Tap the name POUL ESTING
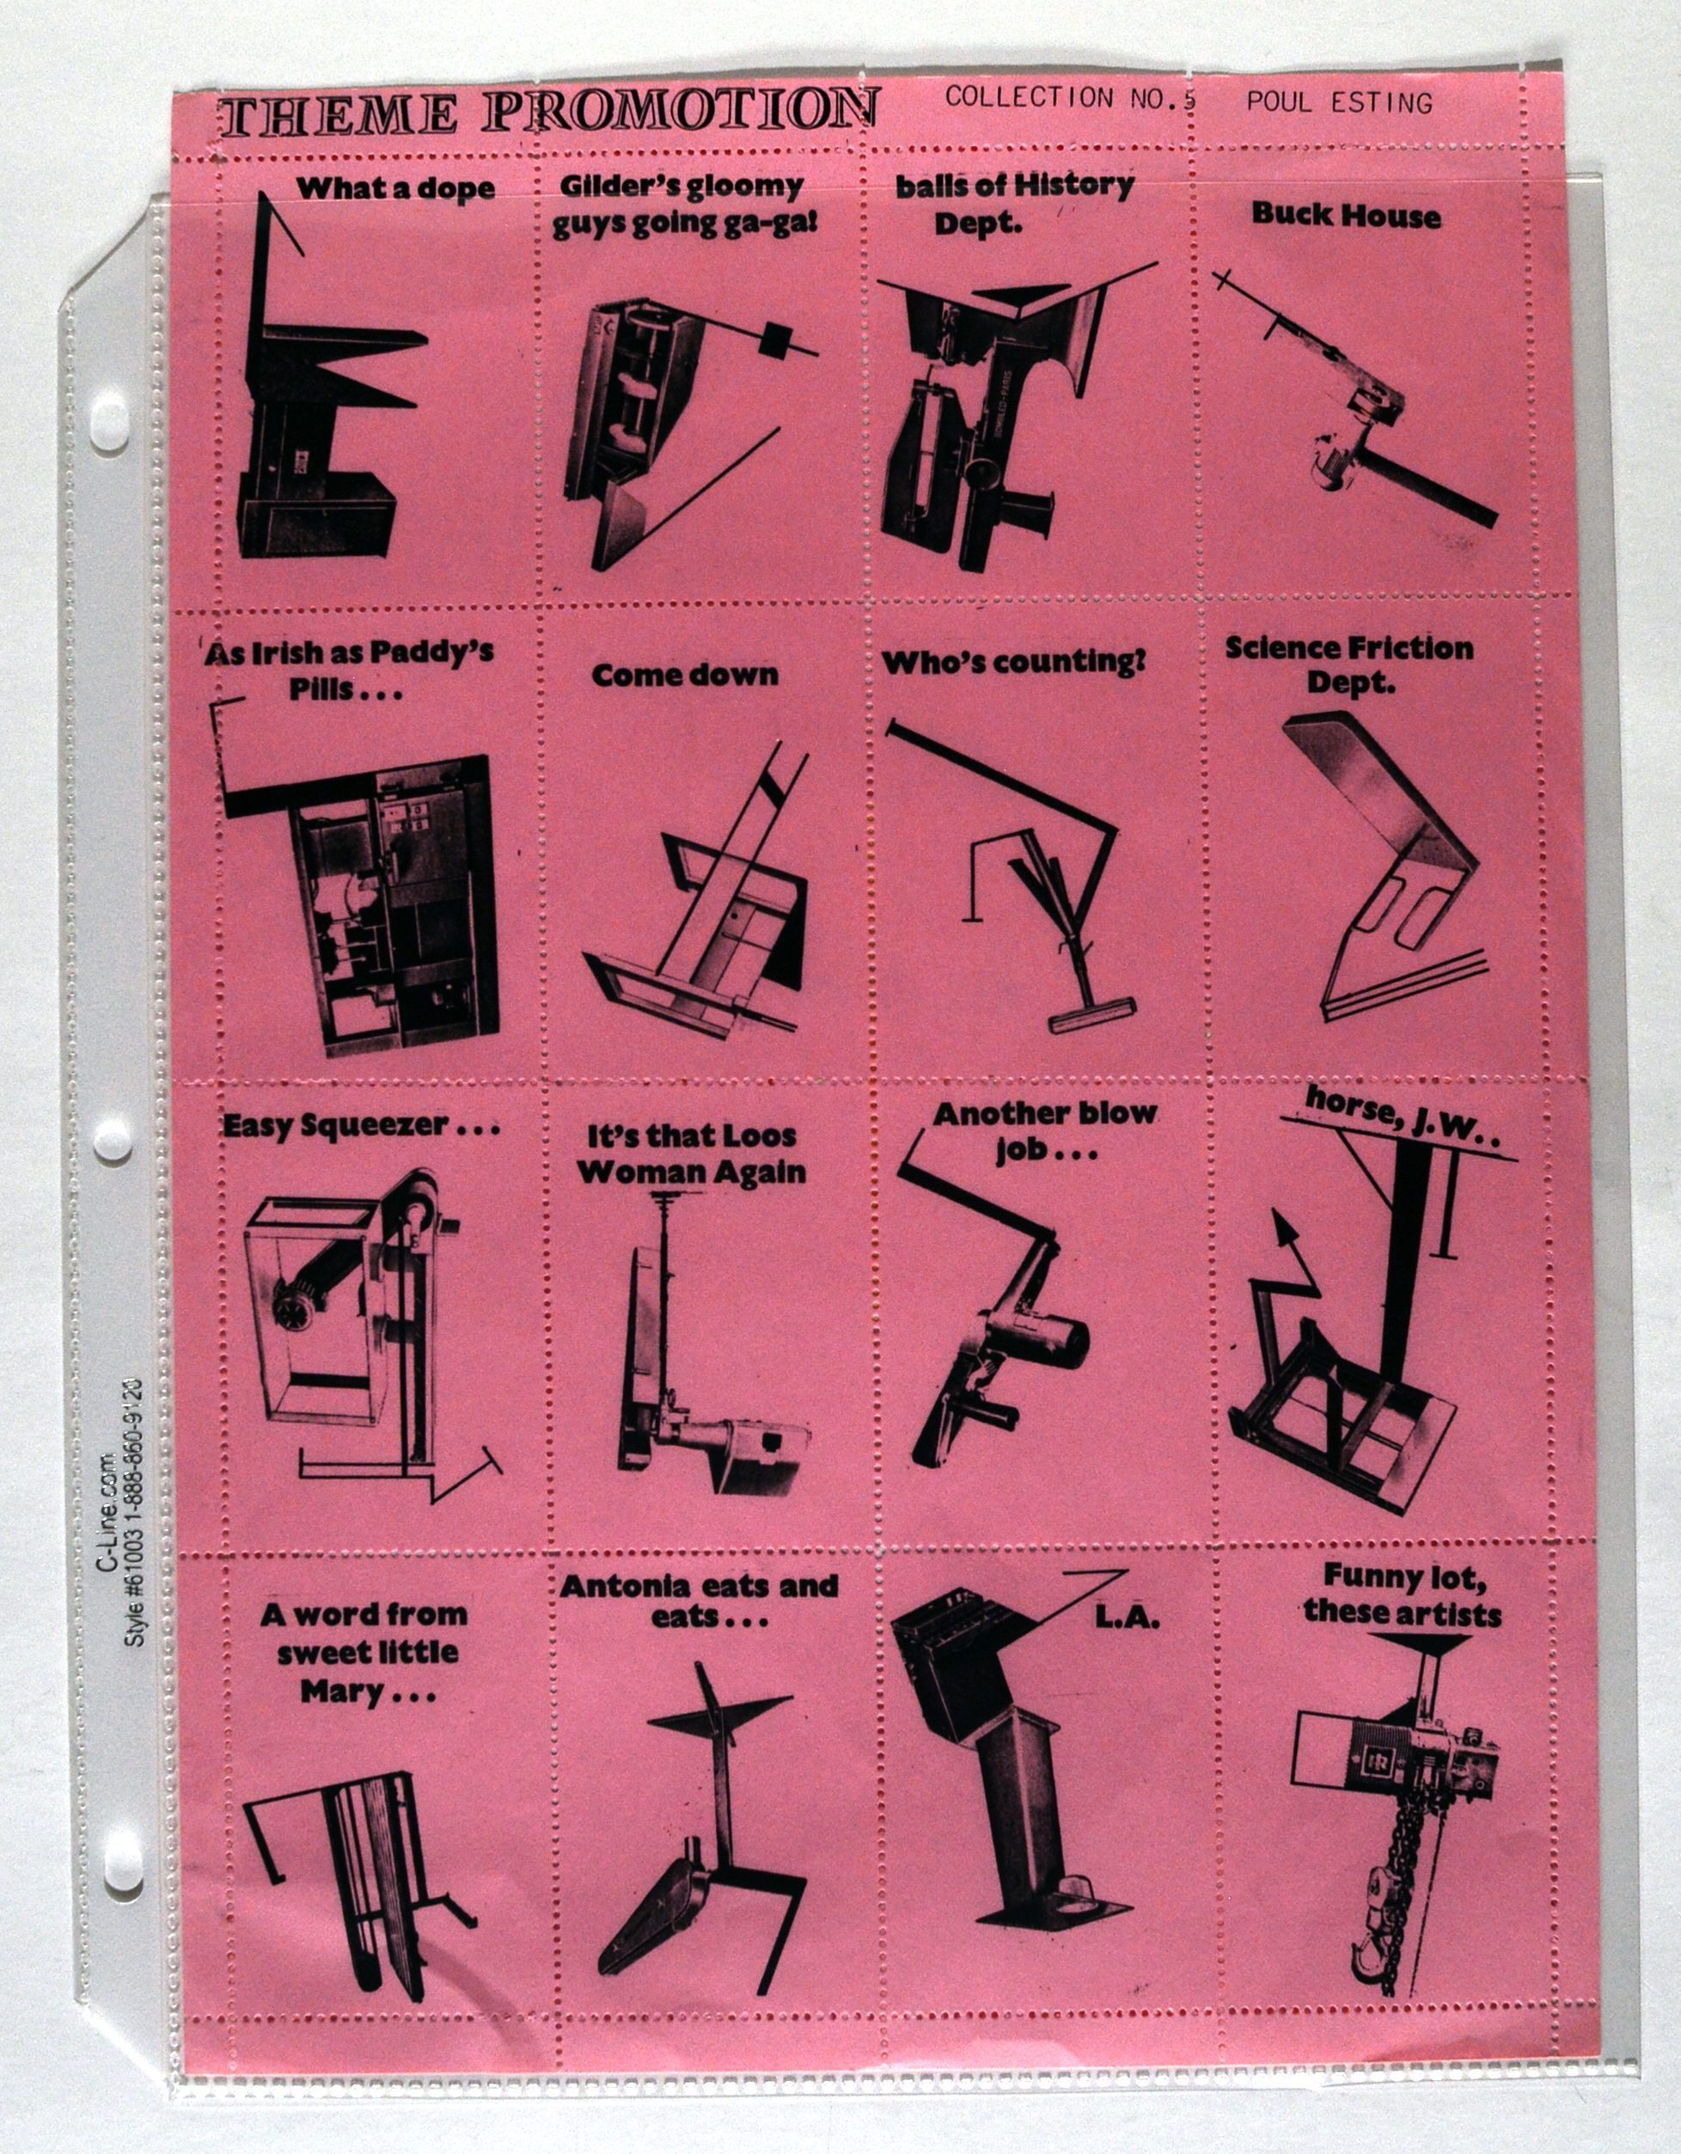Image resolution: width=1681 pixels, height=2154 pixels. coord(1338,102)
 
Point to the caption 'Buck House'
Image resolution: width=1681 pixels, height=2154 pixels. coord(1346,215)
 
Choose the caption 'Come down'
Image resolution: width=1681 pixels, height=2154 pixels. coord(684,675)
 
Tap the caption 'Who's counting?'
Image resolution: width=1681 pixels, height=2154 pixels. coord(1014,662)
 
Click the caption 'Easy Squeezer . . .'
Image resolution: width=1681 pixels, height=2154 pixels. coord(360,1124)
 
